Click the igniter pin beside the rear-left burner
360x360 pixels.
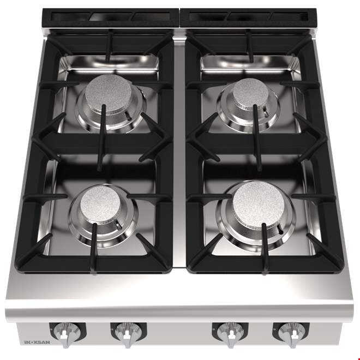click(129, 116)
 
